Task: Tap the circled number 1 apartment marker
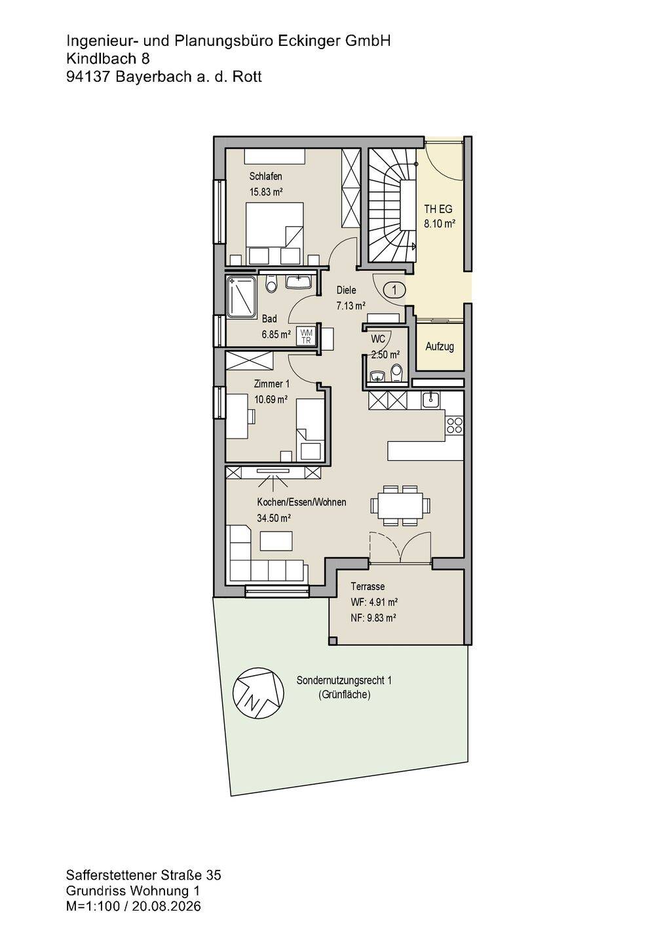pyautogui.click(x=394, y=290)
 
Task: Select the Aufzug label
pyautogui.click(x=440, y=347)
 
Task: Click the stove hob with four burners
pyautogui.click(x=454, y=425)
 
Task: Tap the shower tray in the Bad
pyautogui.click(x=241, y=297)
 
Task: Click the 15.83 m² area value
pyautogui.click(x=266, y=192)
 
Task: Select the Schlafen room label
pyautogui.click(x=266, y=176)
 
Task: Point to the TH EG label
pyautogui.click(x=438, y=209)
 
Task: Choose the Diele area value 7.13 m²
pyautogui.click(x=351, y=305)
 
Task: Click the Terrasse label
pyautogui.click(x=368, y=587)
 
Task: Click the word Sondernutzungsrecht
pyautogui.click(x=341, y=680)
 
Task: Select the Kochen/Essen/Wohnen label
pyautogui.click(x=301, y=502)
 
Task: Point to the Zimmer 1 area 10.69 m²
pyautogui.click(x=271, y=399)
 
